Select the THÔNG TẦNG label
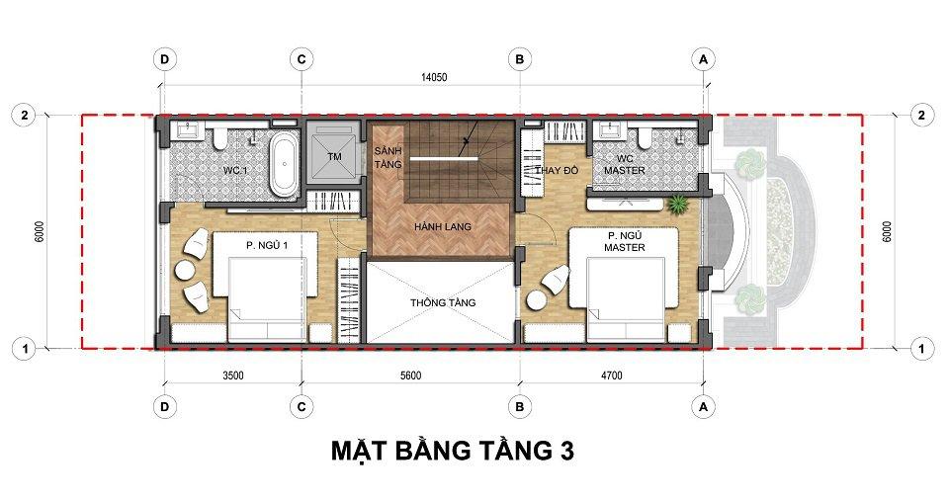(x=443, y=302)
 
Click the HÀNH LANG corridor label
(x=443, y=227)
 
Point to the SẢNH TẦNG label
(x=388, y=157)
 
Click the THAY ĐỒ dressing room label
(x=557, y=171)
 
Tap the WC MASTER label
(x=625, y=165)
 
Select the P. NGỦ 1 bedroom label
(x=267, y=245)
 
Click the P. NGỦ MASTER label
(x=625, y=241)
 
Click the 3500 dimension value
(x=233, y=376)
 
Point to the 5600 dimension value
(x=410, y=376)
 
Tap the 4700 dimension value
(x=611, y=376)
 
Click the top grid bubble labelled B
(x=519, y=59)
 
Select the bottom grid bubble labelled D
(x=165, y=407)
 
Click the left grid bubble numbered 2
(x=24, y=115)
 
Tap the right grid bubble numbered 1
(x=921, y=349)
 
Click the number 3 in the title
(x=565, y=451)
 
